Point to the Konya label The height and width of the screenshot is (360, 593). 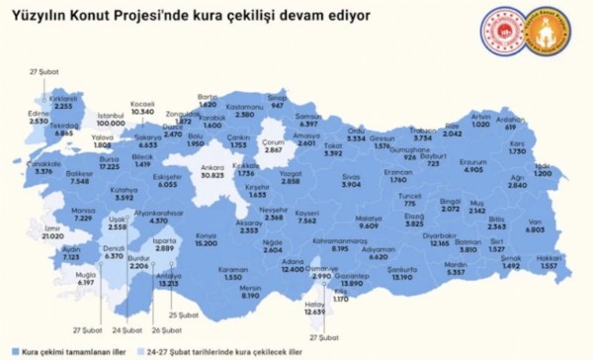coord(206,235)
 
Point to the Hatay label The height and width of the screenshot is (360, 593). coord(314,303)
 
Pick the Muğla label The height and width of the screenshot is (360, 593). coord(84,274)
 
